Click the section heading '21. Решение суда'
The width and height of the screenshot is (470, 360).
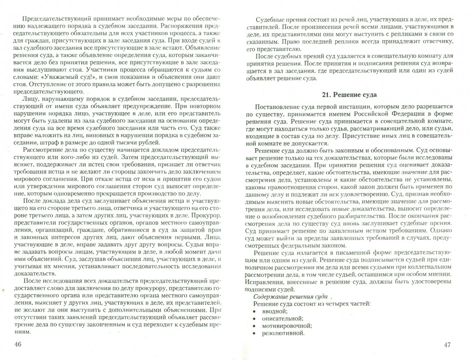pos(349,95)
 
